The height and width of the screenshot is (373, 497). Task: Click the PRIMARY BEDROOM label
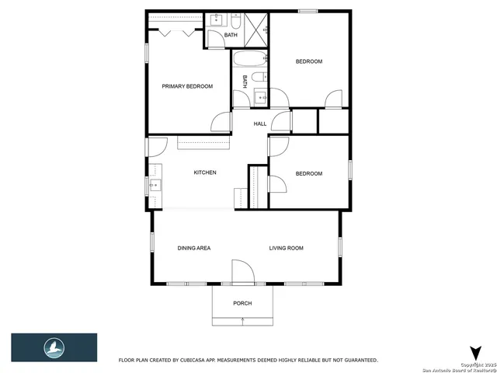click(186, 86)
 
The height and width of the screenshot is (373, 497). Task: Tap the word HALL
click(260, 124)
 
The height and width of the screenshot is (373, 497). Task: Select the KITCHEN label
click(204, 173)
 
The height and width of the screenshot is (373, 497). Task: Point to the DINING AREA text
click(193, 248)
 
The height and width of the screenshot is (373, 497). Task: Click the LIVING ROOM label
click(286, 248)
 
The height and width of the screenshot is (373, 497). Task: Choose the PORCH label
click(242, 303)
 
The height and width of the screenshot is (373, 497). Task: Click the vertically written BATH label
click(245, 80)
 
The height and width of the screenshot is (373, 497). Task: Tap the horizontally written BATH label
click(231, 35)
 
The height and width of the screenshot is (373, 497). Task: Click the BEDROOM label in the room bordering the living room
click(308, 173)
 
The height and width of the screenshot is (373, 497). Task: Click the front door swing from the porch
click(242, 272)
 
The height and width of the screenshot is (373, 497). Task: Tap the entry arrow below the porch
click(242, 320)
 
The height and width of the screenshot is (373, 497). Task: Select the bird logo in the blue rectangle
click(54, 347)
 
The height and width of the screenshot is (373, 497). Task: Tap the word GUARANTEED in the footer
click(359, 361)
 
